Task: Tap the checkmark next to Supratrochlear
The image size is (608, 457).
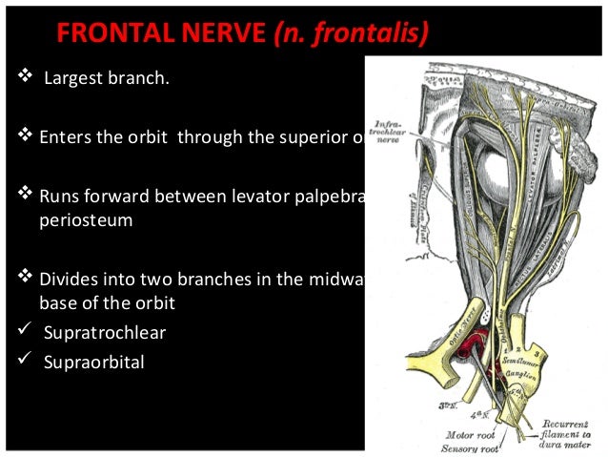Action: click(x=24, y=330)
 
